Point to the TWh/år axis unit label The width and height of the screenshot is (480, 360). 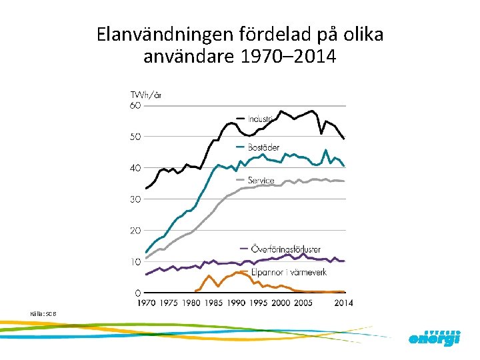[x=145, y=95]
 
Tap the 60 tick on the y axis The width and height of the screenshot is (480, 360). [x=135, y=105]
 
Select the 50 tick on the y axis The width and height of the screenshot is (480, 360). [x=135, y=137]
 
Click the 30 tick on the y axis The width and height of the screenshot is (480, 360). [x=135, y=199]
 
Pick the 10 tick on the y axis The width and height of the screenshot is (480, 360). [x=135, y=262]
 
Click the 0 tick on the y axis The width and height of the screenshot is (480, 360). [x=137, y=293]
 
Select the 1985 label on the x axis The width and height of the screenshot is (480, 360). [x=213, y=303]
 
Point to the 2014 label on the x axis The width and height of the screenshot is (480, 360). [x=343, y=303]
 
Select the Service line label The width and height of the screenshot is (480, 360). [x=261, y=180]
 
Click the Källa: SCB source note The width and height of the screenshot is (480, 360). [x=43, y=313]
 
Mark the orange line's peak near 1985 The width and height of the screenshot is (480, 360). [x=209, y=275]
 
